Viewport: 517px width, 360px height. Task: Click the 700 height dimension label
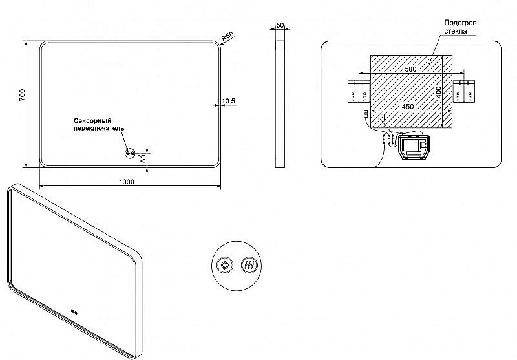tap(22, 95)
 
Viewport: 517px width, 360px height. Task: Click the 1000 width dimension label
tap(127, 182)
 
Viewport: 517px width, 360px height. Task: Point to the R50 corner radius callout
tap(227, 36)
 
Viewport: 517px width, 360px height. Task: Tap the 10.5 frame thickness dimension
tap(229, 101)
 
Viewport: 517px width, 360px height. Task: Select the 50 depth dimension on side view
tap(280, 25)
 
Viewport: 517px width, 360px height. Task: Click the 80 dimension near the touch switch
tap(143, 158)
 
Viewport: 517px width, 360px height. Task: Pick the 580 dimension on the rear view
tap(410, 69)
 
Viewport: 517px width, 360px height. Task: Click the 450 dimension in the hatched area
tap(408, 107)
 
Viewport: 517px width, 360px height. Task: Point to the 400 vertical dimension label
tap(438, 92)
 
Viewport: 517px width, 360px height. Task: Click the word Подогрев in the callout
tap(460, 23)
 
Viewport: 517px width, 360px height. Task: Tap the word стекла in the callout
tap(456, 31)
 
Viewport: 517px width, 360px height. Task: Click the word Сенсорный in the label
tap(92, 121)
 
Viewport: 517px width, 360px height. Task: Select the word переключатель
tap(99, 128)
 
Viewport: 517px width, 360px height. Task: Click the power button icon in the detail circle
tap(225, 265)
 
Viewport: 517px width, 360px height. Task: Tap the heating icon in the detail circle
tap(249, 265)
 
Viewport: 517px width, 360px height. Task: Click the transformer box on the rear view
tap(413, 147)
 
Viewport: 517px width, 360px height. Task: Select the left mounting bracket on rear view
tap(359, 91)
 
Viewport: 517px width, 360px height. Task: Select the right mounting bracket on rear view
tap(464, 91)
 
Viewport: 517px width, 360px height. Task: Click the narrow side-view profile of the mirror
tap(280, 104)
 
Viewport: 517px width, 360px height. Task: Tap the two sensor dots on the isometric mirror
tap(74, 312)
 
